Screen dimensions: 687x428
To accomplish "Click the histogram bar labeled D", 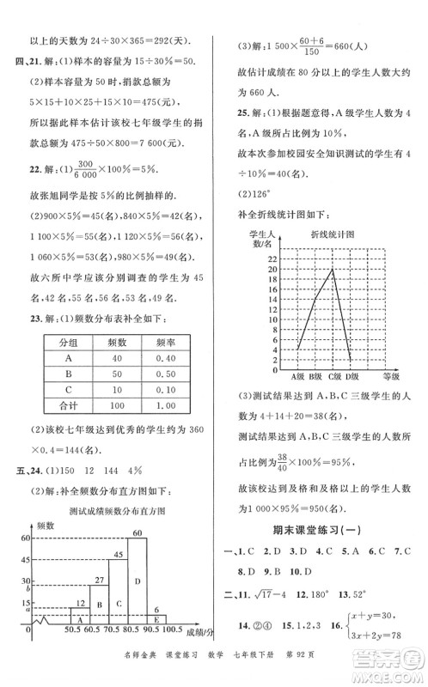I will pos(138,593).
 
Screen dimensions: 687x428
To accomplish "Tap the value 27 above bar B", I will pos(100,581).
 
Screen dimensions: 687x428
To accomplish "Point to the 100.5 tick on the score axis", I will pos(179,655).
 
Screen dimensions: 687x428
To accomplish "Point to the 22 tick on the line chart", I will pos(272,258).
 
